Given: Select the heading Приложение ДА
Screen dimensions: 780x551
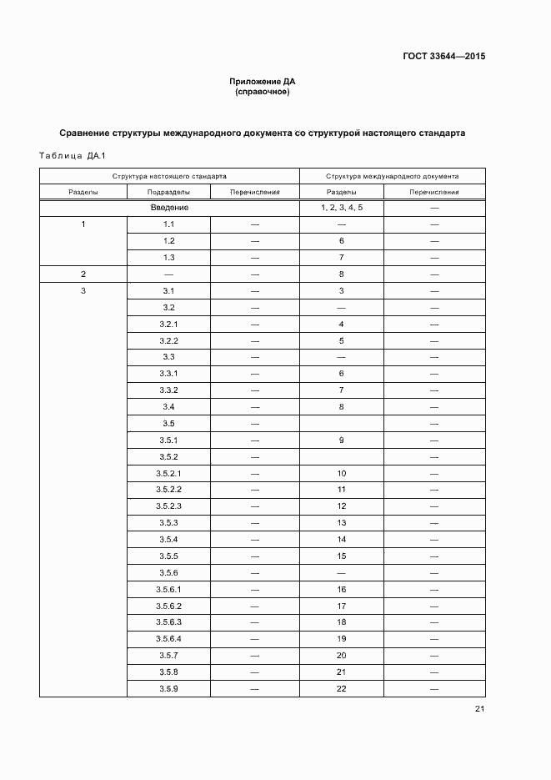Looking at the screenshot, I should coord(263,82).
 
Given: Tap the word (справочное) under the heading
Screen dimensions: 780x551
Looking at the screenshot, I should coord(263,92).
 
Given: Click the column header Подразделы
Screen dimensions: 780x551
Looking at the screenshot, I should coord(168,192).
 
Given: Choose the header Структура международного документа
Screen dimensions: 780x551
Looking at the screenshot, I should coord(392,176).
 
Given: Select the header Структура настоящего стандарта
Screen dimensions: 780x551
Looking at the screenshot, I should coord(169,176).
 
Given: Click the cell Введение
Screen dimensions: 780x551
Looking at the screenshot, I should coord(169,208).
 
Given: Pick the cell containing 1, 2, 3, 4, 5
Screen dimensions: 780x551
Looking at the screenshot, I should coord(342,208).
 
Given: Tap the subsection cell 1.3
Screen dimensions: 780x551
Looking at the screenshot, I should coord(168,258).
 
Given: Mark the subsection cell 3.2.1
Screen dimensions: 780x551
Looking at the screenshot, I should coord(168,324).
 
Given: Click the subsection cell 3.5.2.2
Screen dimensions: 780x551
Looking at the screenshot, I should coord(168,490).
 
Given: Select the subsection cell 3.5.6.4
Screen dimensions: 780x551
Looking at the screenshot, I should coord(168,639).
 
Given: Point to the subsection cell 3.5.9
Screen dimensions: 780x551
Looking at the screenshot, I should coord(168,689).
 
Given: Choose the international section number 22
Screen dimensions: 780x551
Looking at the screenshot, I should coord(342,689).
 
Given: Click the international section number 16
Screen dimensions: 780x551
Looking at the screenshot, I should coord(342,590).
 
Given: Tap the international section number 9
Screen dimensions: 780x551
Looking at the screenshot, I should coord(342,440).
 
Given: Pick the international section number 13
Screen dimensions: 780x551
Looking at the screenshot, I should coord(342,523).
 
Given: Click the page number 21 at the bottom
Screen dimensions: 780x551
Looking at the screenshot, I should coord(479,709).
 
